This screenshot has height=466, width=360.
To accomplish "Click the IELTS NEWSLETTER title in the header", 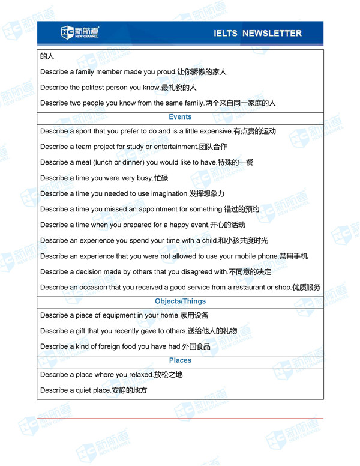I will (x=257, y=33).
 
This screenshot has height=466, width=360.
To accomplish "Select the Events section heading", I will (x=180, y=116).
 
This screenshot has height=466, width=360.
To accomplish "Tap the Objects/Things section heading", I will (x=180, y=301).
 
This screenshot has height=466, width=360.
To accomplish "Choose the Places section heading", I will (x=180, y=360).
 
